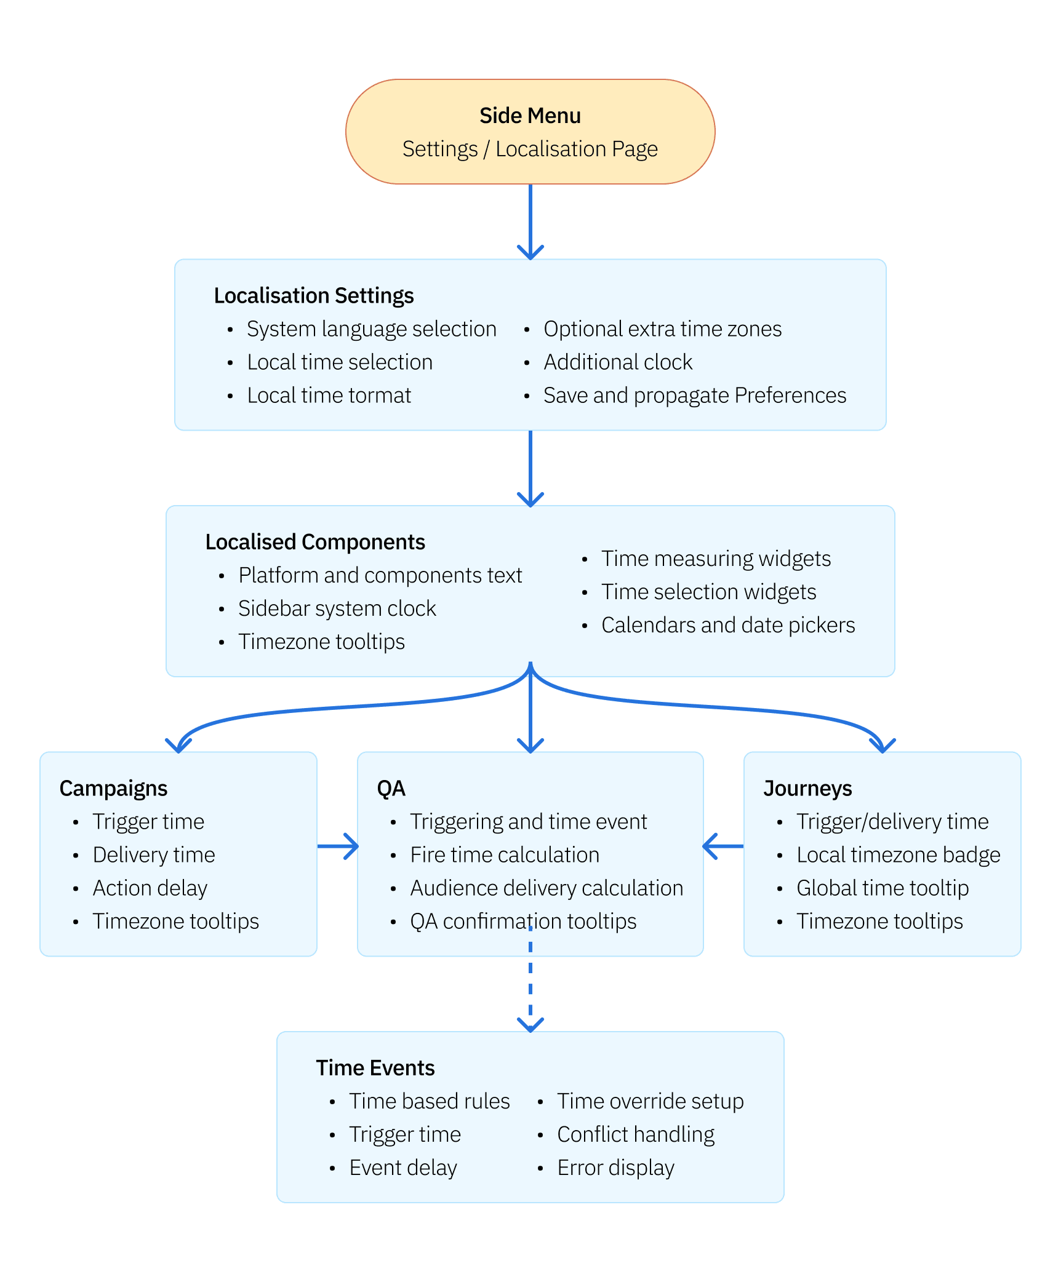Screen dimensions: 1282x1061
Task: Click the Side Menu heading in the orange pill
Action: point(530,116)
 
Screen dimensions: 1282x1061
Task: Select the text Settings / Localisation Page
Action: point(530,149)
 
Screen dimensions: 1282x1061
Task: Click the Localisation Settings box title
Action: point(313,295)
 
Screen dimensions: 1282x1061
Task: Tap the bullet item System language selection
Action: point(371,329)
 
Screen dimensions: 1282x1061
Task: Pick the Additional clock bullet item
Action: point(618,362)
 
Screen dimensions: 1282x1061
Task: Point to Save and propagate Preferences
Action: point(694,396)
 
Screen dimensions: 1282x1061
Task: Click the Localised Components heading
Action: point(315,542)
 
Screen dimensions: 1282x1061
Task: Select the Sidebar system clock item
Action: point(337,608)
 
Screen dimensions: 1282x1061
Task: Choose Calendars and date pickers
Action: point(728,625)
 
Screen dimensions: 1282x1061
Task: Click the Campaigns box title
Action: point(113,789)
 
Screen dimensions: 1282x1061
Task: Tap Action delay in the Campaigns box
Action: point(150,888)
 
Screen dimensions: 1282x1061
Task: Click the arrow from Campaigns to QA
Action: point(338,846)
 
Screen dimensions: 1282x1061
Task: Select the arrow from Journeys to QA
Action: point(723,846)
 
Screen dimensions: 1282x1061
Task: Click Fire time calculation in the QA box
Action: point(505,855)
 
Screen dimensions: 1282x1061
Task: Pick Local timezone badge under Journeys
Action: point(898,855)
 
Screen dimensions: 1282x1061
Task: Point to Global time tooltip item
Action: point(882,888)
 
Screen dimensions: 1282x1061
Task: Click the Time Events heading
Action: point(375,1068)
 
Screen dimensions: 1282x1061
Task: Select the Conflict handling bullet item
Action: point(636,1134)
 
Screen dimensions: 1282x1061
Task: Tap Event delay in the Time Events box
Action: point(403,1168)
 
